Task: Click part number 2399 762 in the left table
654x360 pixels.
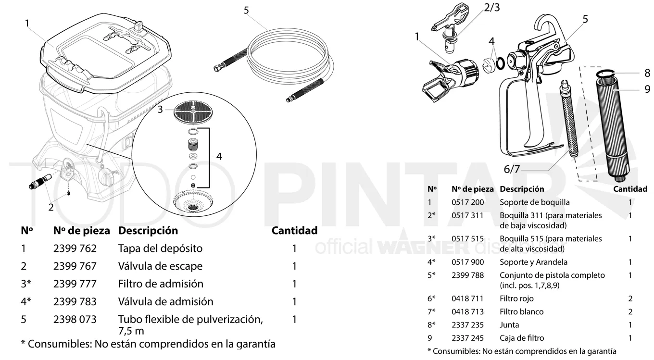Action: click(x=75, y=248)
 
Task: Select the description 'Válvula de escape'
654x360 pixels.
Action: click(x=160, y=266)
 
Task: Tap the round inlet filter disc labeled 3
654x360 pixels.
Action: click(x=193, y=112)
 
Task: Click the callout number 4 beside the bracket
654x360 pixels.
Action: click(x=219, y=157)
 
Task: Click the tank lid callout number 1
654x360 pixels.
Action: click(x=27, y=24)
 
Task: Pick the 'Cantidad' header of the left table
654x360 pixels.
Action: click(x=294, y=231)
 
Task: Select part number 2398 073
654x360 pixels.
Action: click(x=75, y=320)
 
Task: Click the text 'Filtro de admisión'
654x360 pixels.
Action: click(x=161, y=284)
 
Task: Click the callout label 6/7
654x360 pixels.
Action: click(x=512, y=169)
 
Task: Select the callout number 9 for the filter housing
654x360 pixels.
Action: click(x=647, y=89)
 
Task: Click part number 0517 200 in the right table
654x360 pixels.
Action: click(x=467, y=202)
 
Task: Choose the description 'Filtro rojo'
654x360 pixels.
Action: click(x=516, y=298)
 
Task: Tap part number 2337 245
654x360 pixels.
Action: click(x=467, y=338)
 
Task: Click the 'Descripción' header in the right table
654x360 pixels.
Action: click(x=522, y=189)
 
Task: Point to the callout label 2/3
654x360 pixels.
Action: click(x=492, y=8)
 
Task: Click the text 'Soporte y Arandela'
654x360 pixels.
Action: click(x=533, y=262)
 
